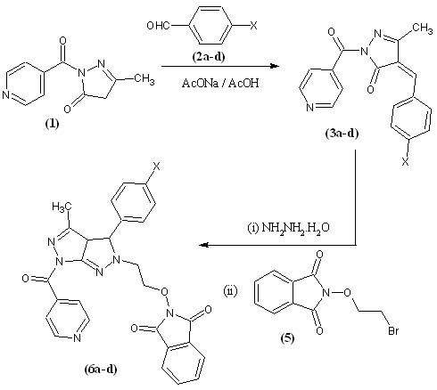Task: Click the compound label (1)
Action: [x=52, y=124]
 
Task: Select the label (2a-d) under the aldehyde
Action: [x=208, y=56]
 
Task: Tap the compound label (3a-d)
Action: [x=342, y=134]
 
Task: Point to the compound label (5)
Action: [x=287, y=338]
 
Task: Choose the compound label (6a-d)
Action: [x=101, y=370]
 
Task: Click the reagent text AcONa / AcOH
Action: [x=220, y=83]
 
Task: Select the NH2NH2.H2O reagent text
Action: [x=289, y=228]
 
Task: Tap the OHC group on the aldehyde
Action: [x=158, y=26]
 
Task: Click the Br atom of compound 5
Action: [x=393, y=330]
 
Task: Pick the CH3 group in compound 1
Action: [x=144, y=78]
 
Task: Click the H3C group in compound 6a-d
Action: [x=62, y=207]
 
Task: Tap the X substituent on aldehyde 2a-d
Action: [x=253, y=26]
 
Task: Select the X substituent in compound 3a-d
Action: [x=405, y=162]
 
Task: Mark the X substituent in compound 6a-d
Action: [x=157, y=167]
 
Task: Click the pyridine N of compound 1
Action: [x=6, y=95]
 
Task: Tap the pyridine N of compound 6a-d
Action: [x=77, y=337]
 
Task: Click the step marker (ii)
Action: [x=230, y=291]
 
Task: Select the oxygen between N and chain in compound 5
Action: [x=347, y=293]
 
